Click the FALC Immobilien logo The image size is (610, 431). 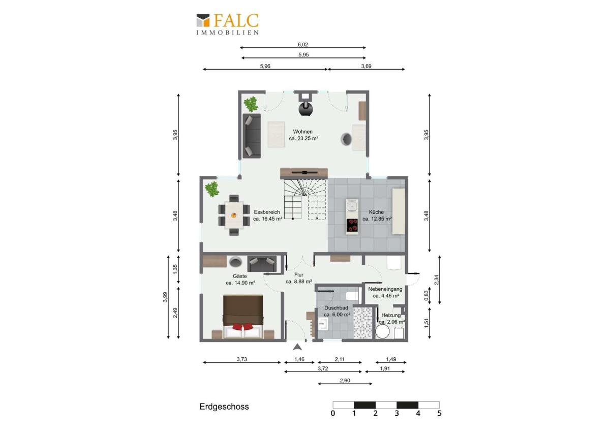pyautogui.click(x=227, y=24)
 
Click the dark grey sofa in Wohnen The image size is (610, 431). pyautogui.click(x=252, y=136)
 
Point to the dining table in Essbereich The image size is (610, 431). pyautogui.click(x=234, y=215)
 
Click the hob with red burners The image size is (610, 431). pyautogui.click(x=352, y=225)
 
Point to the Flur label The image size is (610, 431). pyautogui.click(x=299, y=275)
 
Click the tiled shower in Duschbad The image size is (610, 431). pyautogui.click(x=362, y=323)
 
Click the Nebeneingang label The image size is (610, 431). pyautogui.click(x=385, y=289)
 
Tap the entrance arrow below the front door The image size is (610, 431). pyautogui.click(x=298, y=347)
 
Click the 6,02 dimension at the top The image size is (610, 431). pyautogui.click(x=302, y=44)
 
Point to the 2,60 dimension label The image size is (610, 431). pyautogui.click(x=345, y=380)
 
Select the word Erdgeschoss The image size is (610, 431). pyautogui.click(x=224, y=407)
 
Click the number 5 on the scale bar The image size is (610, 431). pyautogui.click(x=439, y=413)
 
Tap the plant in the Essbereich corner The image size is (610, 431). pyautogui.click(x=212, y=189)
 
